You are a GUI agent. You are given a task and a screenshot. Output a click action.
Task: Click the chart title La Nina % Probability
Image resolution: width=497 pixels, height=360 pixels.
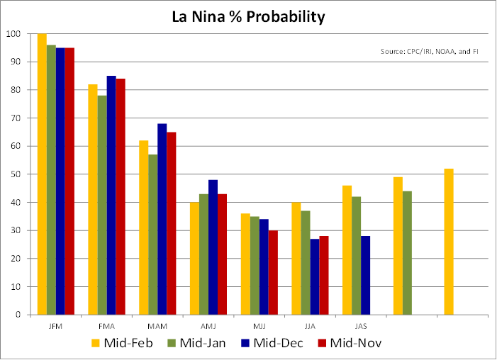(x=248, y=16)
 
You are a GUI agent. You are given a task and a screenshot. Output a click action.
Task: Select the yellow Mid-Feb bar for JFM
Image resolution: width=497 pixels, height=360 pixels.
(x=42, y=174)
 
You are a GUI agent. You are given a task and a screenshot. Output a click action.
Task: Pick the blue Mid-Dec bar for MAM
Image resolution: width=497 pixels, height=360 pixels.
(x=162, y=219)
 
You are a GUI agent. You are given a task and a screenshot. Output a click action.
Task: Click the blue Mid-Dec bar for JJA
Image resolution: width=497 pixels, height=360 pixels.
(x=315, y=277)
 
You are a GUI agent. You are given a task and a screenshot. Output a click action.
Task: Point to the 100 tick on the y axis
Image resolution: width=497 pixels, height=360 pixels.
(x=13, y=34)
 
